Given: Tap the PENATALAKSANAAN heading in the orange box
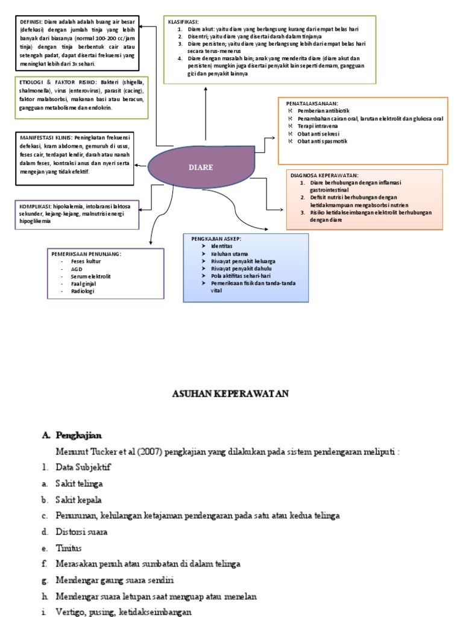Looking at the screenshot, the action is (x=312, y=104).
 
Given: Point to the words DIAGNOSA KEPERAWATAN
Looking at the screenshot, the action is (x=325, y=175).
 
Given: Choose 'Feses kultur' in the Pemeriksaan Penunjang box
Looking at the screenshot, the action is (x=86, y=262).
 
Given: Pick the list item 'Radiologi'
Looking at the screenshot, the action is (x=83, y=291).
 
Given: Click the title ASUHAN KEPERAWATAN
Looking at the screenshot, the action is (x=231, y=394).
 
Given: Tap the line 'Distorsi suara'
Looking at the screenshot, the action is (x=82, y=532).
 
